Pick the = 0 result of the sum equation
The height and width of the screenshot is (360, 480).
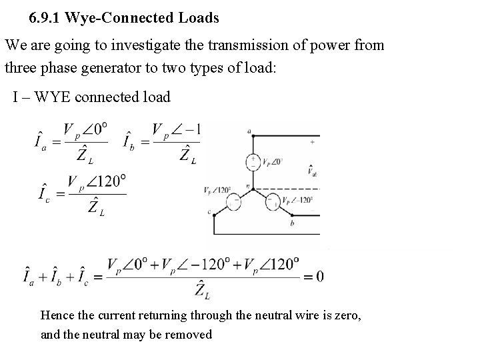click(314, 277)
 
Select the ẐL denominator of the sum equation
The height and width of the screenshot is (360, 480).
click(203, 290)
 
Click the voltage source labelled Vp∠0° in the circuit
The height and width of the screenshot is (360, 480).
click(253, 161)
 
